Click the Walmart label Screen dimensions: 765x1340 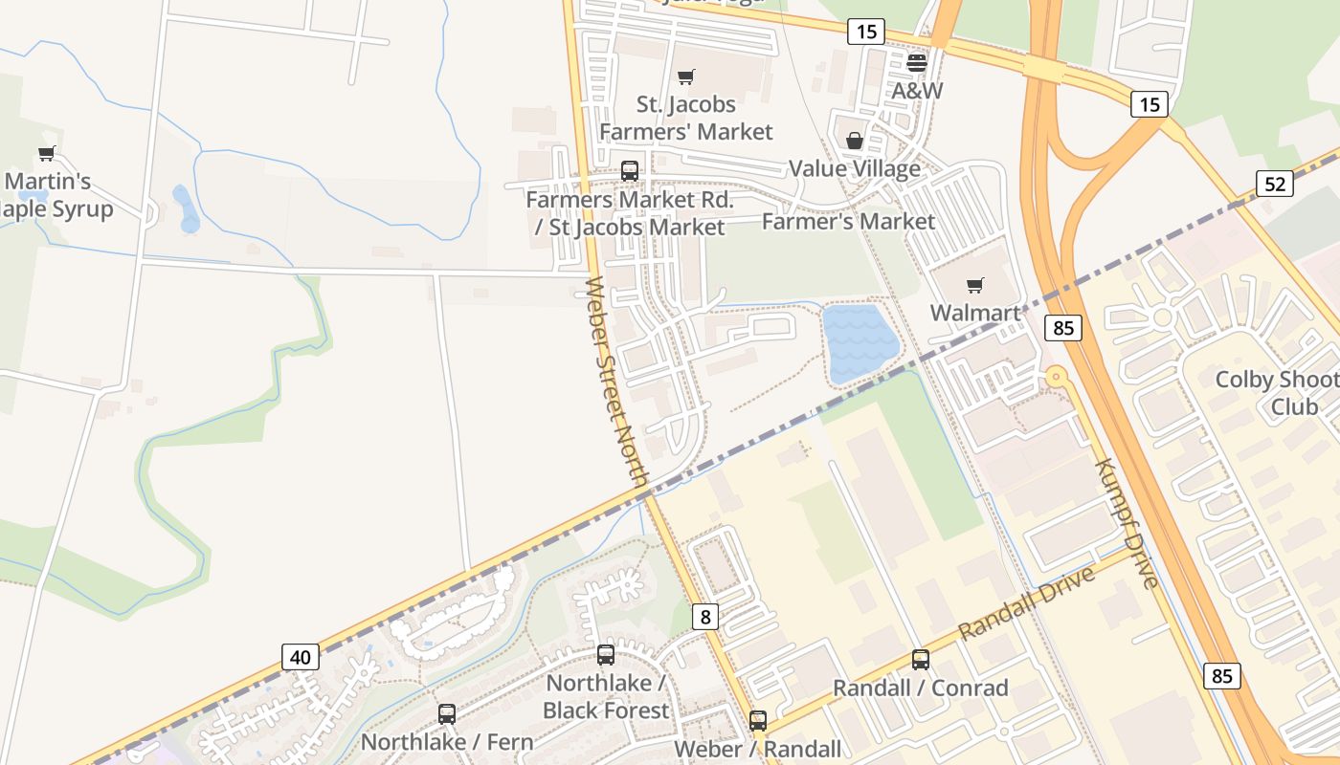coord(975,313)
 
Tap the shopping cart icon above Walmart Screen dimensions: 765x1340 coord(975,285)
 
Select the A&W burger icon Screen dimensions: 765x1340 coord(917,63)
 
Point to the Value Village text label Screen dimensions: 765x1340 coord(854,169)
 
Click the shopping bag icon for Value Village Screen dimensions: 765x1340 coord(855,142)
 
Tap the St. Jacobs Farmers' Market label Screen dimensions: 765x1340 coord(686,118)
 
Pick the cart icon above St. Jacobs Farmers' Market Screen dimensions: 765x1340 coord(685,76)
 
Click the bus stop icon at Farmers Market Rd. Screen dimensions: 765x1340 coord(630,171)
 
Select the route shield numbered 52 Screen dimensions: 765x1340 coord(1275,183)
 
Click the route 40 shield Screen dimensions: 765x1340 coord(301,657)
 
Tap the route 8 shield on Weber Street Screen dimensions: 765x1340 coord(705,617)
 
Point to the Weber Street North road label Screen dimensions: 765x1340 coord(618,382)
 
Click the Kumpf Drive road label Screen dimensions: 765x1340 coord(1127,523)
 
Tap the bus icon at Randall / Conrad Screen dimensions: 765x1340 coord(920,660)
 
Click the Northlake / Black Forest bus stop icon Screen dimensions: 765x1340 coord(605,655)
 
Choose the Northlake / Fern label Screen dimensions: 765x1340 coord(446,741)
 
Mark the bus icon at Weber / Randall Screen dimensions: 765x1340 coord(758,720)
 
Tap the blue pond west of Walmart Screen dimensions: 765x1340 coord(859,342)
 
